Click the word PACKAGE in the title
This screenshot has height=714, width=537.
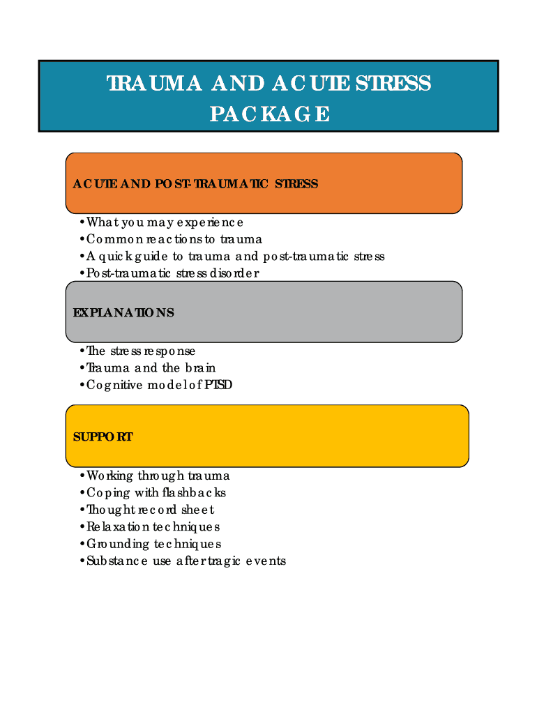pos(270,114)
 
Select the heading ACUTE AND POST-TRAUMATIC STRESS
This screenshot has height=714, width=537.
pos(195,184)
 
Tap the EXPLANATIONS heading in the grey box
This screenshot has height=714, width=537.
pos(123,312)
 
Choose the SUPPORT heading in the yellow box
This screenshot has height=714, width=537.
pos(103,437)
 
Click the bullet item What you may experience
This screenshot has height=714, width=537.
pos(165,222)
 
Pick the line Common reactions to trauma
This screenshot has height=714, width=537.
pos(174,239)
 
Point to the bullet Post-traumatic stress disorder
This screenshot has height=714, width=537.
pos(172,273)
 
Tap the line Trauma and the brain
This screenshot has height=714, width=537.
pos(151,367)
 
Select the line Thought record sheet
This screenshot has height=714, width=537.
pos(150,510)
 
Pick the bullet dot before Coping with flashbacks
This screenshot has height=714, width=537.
pos(82,493)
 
